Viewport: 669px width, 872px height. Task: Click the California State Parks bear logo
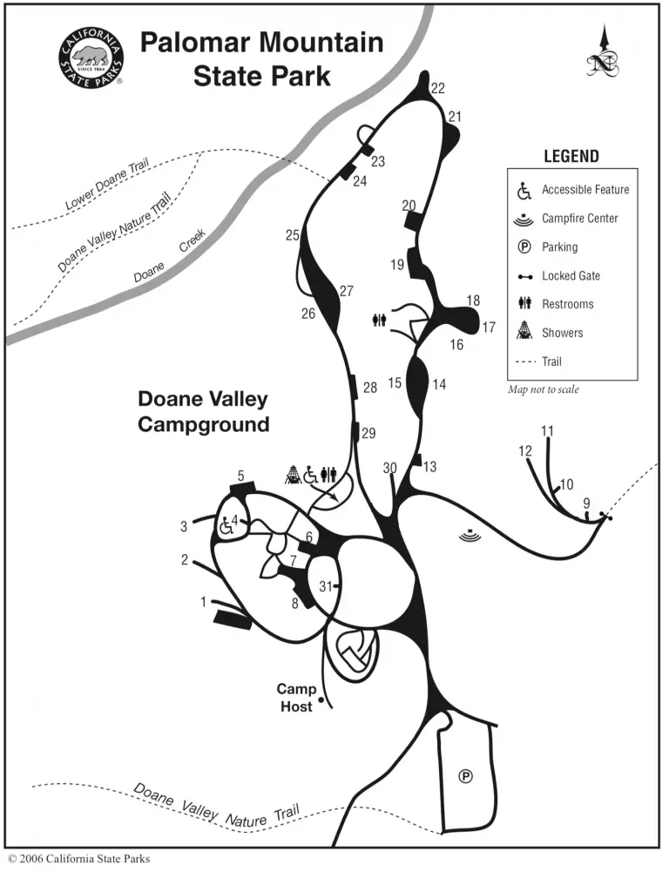(x=91, y=57)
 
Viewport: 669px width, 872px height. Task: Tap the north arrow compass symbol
(x=602, y=54)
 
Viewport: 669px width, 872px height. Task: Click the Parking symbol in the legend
(x=524, y=247)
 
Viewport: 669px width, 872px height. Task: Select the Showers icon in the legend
(x=524, y=332)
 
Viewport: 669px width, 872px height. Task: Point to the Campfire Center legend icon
(x=524, y=218)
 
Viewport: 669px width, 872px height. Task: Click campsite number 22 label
(x=437, y=88)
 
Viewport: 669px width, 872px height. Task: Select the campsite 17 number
(x=489, y=328)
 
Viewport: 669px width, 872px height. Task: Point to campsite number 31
(x=325, y=585)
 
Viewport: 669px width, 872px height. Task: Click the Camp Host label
(x=298, y=698)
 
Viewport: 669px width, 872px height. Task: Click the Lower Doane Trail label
(x=109, y=186)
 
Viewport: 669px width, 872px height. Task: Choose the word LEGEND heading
(x=571, y=157)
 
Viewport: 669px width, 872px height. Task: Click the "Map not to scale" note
(x=544, y=389)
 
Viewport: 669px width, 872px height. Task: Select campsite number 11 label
(x=547, y=430)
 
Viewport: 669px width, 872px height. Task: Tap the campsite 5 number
(x=240, y=475)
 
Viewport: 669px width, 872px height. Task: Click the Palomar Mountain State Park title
(x=261, y=57)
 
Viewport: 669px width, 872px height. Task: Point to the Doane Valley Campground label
(x=203, y=411)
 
